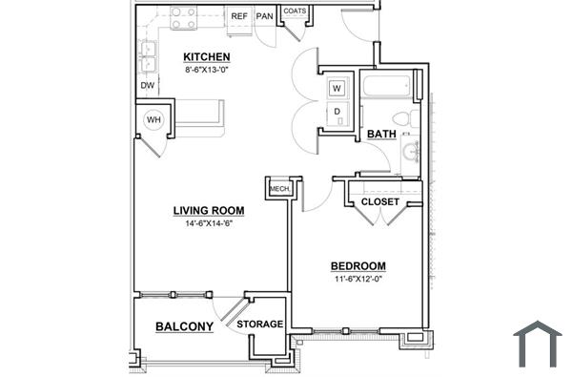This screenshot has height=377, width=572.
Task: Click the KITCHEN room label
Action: pos(207,56)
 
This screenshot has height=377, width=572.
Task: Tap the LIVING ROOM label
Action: pos(209,210)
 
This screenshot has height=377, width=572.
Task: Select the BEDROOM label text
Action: pos(357,266)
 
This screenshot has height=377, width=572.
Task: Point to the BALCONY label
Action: pos(184,326)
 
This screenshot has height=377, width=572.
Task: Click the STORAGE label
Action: pos(260,325)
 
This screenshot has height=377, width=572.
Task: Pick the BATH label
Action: pos(381,135)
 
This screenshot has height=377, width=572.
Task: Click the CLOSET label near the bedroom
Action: pos(379,202)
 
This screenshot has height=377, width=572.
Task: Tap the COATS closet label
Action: pos(296,12)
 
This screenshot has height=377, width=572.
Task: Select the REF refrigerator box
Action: pos(239,16)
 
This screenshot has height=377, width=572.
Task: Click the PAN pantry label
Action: pos(264,16)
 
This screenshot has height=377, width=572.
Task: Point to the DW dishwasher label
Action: pos(148,86)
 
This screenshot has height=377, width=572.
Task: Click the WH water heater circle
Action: pos(153,120)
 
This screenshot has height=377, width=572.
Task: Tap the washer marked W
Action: pos(337,89)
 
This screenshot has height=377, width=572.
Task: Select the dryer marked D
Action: pos(337,113)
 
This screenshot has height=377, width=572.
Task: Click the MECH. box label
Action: pos(279,189)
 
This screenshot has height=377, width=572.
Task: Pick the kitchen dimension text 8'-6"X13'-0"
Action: pos(207,69)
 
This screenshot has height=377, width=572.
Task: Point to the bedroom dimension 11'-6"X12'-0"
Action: pos(357,280)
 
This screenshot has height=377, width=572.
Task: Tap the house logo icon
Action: pos(538,344)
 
